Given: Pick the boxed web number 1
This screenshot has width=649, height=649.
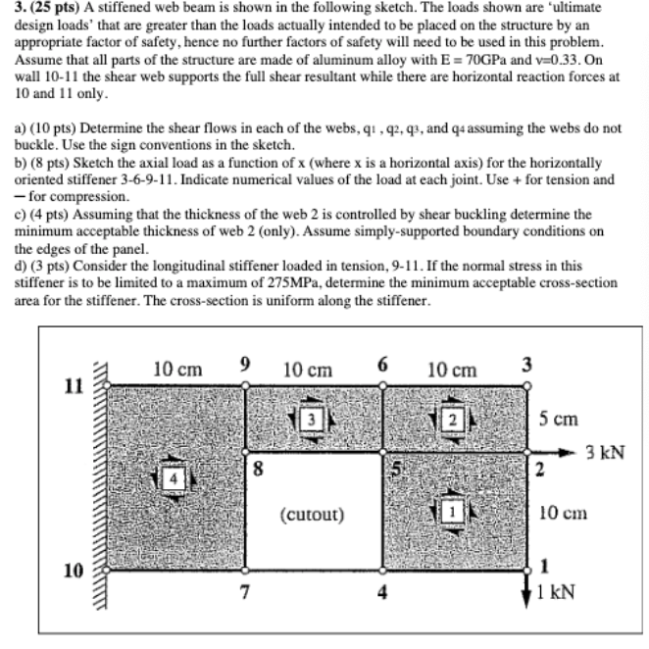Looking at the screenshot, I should click(453, 511).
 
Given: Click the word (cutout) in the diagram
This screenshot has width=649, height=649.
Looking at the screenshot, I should click(311, 513).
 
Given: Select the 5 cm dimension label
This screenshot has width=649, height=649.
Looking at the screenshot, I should click(558, 419).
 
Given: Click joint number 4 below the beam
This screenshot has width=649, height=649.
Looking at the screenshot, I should click(383, 591).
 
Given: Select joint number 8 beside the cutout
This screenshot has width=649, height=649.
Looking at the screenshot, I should click(258, 468).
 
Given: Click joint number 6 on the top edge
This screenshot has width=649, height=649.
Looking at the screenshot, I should click(382, 365).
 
